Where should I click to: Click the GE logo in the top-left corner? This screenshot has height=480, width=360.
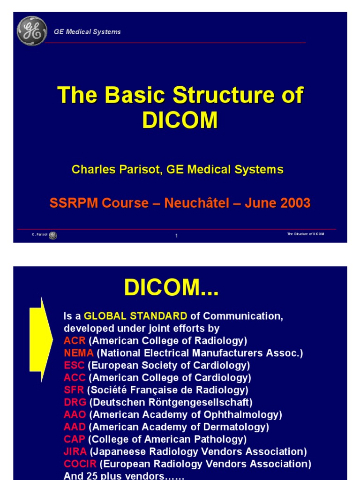coord(32,31)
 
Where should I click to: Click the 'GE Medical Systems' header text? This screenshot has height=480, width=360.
coord(87,32)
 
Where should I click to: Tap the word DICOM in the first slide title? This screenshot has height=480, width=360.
coord(180,120)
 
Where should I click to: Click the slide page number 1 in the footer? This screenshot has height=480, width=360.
coord(176,236)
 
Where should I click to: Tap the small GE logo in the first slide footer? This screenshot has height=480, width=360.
coord(53,235)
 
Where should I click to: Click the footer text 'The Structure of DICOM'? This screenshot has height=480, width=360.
coord(305,234)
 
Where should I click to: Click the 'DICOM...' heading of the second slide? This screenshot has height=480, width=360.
coord(171,288)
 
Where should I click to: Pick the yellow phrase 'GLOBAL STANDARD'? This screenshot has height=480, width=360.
coord(135,316)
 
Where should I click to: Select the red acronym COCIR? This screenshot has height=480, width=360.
coord(80,464)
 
